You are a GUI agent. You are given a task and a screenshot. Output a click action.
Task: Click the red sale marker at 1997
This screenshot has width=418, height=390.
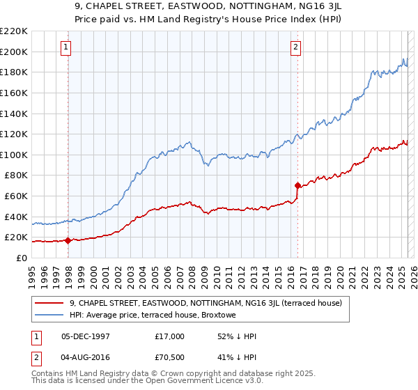68,241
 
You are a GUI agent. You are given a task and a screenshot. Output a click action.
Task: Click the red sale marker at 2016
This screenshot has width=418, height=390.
297,186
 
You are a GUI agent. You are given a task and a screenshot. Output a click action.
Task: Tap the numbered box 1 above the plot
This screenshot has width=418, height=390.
65,47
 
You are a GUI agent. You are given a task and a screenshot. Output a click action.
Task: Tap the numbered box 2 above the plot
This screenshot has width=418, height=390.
295,47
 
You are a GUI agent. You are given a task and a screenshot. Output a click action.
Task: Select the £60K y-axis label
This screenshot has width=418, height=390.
16,196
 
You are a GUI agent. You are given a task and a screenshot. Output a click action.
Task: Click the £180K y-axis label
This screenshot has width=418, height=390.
14,72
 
